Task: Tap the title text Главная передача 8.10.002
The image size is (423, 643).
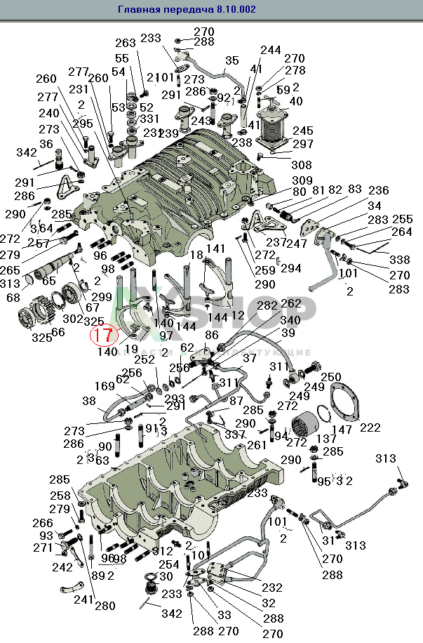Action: [x=187, y=9]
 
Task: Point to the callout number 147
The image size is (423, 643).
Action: [x=342, y=428]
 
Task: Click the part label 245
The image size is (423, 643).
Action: [x=303, y=131]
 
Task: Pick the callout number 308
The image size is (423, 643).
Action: [x=302, y=166]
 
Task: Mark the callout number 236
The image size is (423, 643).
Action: [x=378, y=190]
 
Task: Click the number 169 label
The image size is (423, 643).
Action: [x=105, y=385]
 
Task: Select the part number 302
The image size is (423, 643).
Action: [x=72, y=319]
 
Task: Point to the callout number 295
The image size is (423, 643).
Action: [x=82, y=123]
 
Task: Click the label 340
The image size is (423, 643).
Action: [x=289, y=320]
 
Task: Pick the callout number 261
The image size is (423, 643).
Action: [x=257, y=445]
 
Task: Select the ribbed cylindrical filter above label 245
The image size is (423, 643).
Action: [x=274, y=126]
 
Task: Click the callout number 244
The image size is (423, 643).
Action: [x=270, y=51]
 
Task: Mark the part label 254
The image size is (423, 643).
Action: [x=168, y=564]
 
